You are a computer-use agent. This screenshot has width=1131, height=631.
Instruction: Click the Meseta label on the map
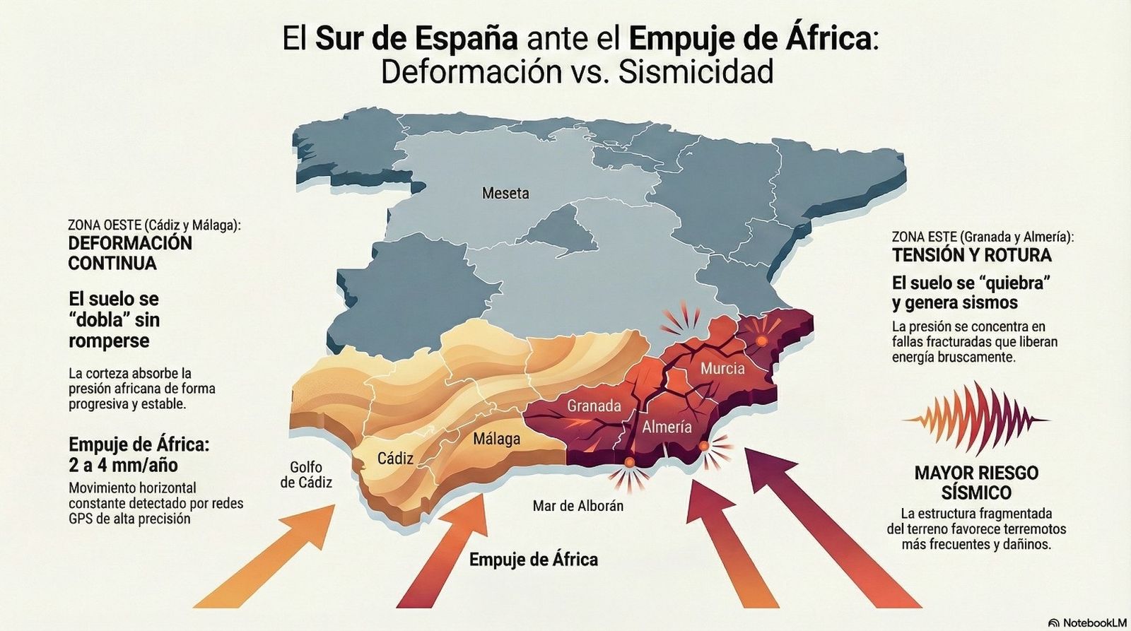click(x=505, y=193)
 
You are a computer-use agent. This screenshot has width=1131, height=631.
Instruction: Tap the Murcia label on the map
click(x=722, y=368)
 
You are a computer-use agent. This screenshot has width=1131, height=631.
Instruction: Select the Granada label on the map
click(x=594, y=406)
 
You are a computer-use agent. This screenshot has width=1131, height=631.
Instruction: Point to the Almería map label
click(x=667, y=427)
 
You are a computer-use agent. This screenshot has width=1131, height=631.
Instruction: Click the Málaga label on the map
click(x=496, y=439)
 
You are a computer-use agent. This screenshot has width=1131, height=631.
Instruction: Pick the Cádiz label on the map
click(x=395, y=459)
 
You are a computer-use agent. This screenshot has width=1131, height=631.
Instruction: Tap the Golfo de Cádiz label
click(x=306, y=475)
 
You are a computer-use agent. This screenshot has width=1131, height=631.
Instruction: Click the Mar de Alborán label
click(x=578, y=506)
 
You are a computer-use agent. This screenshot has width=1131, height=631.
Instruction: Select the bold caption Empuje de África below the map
click(x=534, y=560)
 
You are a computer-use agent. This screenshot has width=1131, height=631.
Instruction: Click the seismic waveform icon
click(x=975, y=419)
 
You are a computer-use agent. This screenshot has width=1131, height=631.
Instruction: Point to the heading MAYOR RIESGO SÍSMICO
click(x=976, y=483)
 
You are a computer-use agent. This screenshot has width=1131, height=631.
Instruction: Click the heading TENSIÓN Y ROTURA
click(x=971, y=255)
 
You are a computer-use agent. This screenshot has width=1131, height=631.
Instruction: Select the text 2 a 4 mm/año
click(x=123, y=466)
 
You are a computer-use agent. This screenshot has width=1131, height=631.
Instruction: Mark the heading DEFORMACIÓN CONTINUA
click(x=130, y=253)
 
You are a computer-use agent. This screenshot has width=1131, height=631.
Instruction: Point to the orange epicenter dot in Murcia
click(x=761, y=341)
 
